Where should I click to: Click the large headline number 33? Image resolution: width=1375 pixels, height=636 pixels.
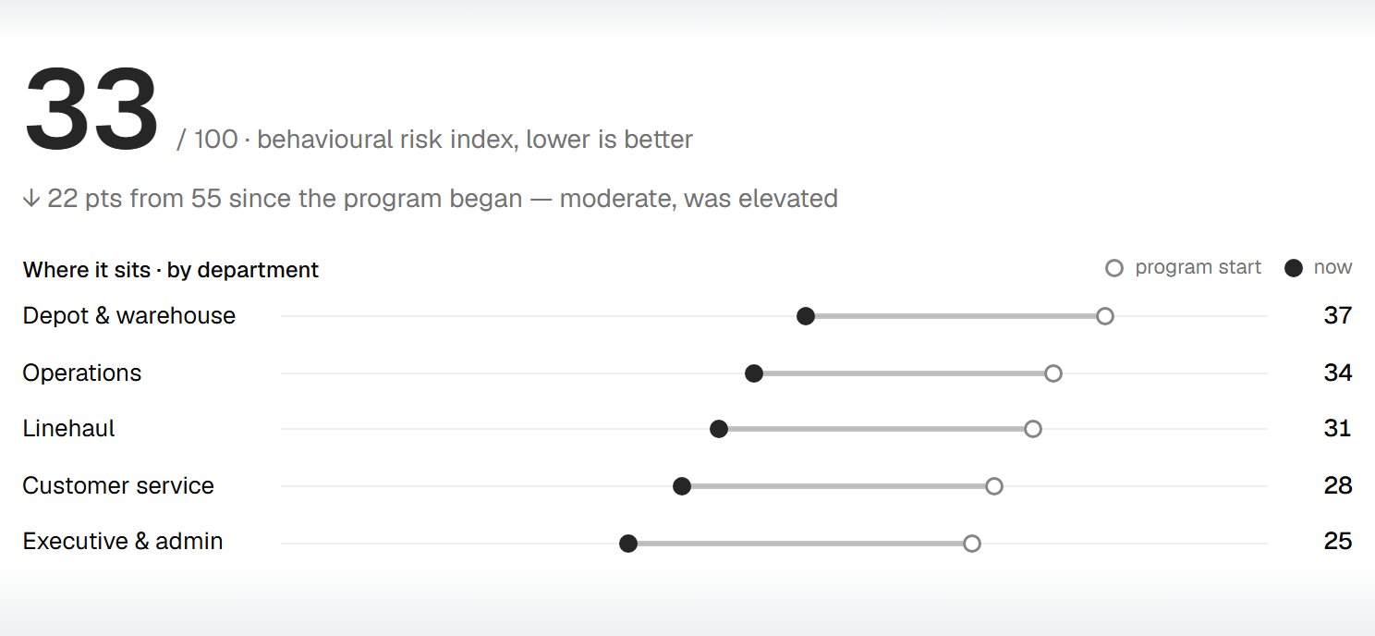pos(91,109)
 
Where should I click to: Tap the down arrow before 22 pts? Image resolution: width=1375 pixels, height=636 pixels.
pos(31,199)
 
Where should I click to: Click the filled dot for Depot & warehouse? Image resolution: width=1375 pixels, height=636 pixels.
pos(806,316)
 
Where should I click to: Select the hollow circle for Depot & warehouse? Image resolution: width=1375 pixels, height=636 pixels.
pos(1105,316)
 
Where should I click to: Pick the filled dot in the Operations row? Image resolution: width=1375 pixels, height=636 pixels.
pos(754,373)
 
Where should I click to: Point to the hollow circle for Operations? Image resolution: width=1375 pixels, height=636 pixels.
pos(1053,373)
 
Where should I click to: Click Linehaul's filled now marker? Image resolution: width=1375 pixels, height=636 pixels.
pos(719,429)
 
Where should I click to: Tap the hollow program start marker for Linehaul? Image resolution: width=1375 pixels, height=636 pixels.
pos(1033,429)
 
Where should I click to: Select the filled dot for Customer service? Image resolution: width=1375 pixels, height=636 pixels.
pos(681,486)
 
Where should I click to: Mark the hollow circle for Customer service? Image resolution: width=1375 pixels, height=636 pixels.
pos(994,486)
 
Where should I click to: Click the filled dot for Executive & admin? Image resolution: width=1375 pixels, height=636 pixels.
pos(628,544)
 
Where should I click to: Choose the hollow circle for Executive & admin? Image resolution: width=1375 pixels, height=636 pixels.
pos(972,544)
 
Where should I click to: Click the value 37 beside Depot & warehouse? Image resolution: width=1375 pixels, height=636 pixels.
pos(1338,315)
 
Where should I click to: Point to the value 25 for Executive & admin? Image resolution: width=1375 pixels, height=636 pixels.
pos(1338,541)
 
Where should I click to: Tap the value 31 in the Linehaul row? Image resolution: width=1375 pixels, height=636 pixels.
pos(1338,428)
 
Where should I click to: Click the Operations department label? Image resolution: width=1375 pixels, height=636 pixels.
pos(81,373)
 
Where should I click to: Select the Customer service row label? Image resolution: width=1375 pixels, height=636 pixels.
pos(118,485)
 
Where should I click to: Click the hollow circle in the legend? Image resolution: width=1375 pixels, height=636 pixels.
pos(1114,268)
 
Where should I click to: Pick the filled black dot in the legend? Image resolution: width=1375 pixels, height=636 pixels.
pos(1294,268)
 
